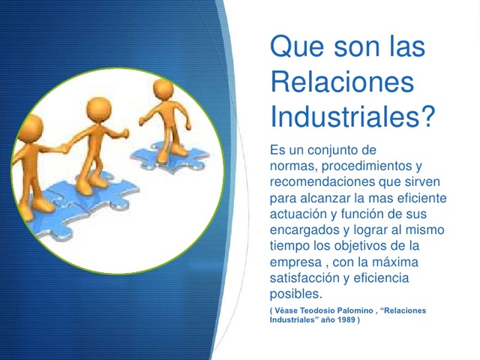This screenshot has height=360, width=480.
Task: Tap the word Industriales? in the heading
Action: (352, 118)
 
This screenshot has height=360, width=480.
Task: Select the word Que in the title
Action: (295, 47)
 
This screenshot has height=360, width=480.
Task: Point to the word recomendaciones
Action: (331, 181)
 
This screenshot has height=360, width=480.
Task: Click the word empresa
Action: (295, 263)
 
